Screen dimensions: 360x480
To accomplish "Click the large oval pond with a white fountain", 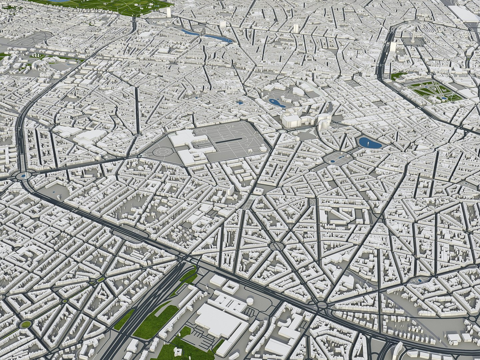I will (369, 143).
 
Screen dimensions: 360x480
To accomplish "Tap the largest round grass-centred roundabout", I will (25, 324).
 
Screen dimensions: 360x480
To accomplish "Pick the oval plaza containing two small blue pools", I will (335, 159).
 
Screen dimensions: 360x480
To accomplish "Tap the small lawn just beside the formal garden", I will (397, 76).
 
